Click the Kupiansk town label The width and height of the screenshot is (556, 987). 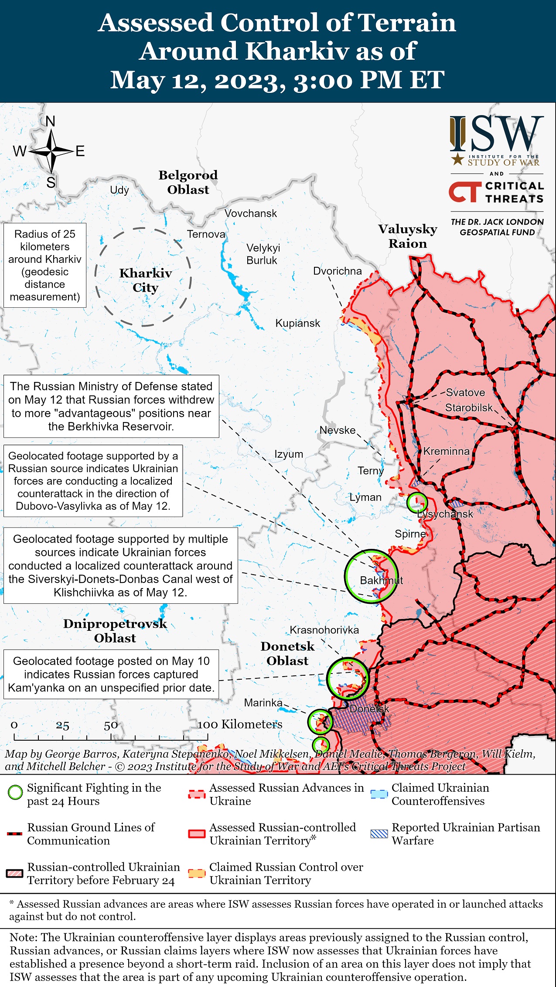tap(297, 323)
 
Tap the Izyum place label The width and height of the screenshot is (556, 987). tap(288, 454)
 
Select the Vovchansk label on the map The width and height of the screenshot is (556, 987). tap(251, 213)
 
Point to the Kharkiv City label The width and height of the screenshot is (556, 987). tap(146, 280)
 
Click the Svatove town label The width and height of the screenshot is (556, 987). tap(465, 392)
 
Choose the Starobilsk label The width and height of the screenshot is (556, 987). tap(469, 408)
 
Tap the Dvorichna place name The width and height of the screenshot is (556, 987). tap(337, 271)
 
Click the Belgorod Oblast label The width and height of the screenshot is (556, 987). tap(188, 182)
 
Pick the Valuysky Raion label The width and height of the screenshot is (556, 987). tap(407, 236)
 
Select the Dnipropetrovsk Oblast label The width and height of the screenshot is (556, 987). tap(115, 631)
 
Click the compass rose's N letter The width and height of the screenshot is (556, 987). tap(51, 122)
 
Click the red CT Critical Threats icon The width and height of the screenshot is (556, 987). tap(465, 192)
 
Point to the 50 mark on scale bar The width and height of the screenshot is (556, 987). tap(110, 725)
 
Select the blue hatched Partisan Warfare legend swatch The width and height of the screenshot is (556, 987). tap(379, 834)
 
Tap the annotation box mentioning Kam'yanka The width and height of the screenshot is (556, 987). tap(111, 674)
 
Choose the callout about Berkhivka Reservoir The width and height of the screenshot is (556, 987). tap(111, 406)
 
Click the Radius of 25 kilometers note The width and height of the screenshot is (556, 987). tap(45, 265)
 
